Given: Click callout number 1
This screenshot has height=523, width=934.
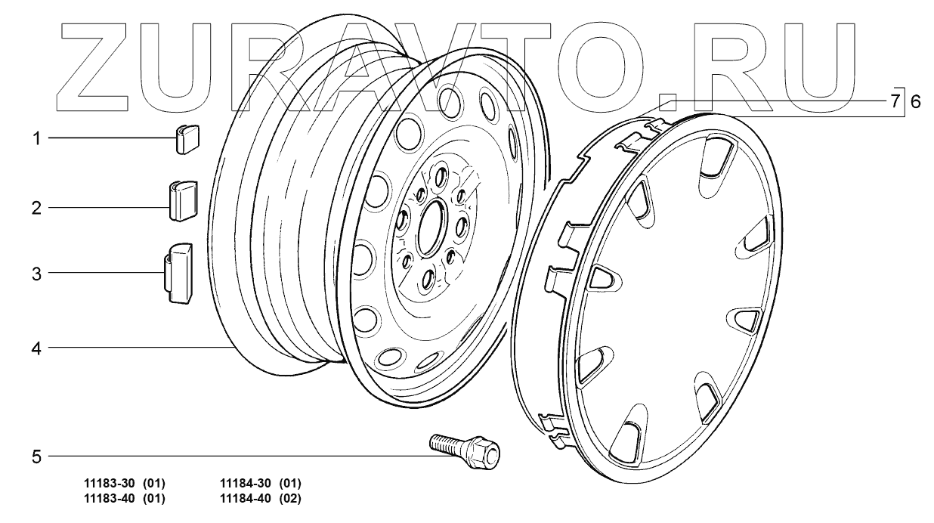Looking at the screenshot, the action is pyautogui.click(x=37, y=138).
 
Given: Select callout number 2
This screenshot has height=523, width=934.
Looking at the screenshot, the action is pyautogui.click(x=37, y=208).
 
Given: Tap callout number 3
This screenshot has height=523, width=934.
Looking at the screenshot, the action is pyautogui.click(x=37, y=274).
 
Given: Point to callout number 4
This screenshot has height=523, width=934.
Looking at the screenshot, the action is pyautogui.click(x=37, y=348).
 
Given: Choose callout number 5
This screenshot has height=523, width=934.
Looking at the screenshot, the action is pyautogui.click(x=37, y=457).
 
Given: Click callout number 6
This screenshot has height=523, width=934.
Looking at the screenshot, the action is pyautogui.click(x=915, y=102).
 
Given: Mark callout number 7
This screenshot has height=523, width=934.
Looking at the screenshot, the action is pyautogui.click(x=895, y=101).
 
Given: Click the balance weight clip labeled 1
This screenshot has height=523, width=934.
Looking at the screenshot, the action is pyautogui.click(x=187, y=139).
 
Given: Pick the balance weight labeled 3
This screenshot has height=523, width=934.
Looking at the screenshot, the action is pyautogui.click(x=178, y=273).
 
